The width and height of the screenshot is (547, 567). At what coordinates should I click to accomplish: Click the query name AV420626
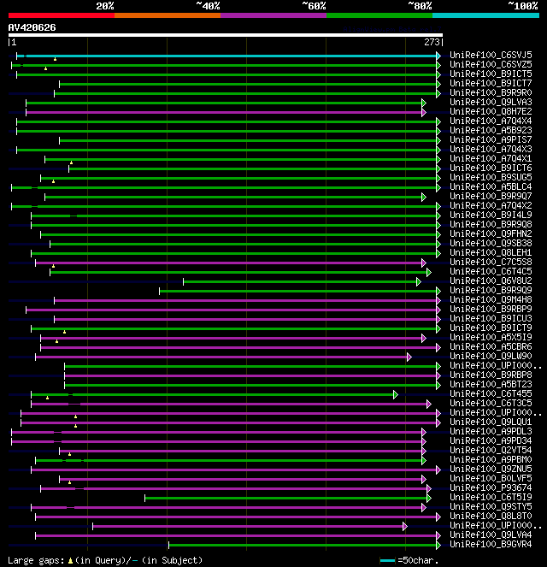32,27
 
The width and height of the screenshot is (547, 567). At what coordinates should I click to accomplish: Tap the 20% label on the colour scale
105,6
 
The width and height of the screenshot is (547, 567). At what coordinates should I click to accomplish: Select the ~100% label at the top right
522,6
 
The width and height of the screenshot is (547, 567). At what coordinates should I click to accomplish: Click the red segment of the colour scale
61,15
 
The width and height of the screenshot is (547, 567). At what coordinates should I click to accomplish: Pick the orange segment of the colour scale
167,15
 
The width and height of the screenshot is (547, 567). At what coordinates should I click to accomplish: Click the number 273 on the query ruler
432,41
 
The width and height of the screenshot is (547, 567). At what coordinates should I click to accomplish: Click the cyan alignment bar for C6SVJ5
231,56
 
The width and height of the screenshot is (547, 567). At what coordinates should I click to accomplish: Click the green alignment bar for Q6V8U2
299,281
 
